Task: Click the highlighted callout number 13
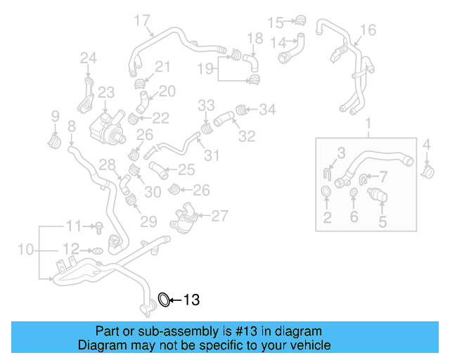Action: pyautogui.click(x=192, y=300)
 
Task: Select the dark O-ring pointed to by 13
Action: pyautogui.click(x=164, y=300)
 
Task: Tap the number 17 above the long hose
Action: pyautogui.click(x=142, y=20)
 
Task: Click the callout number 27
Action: pyautogui.click(x=219, y=216)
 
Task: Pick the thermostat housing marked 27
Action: pyautogui.click(x=186, y=216)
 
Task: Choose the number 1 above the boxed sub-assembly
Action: pyautogui.click(x=368, y=125)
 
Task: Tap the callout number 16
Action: pyautogui.click(x=368, y=30)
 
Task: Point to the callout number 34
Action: pyautogui.click(x=267, y=109)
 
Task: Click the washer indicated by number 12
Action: pyautogui.click(x=98, y=250)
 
